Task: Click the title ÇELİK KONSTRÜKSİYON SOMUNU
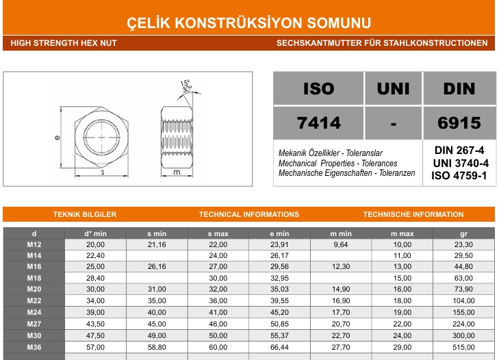[x=249, y=23]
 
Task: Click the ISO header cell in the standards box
[x=318, y=88]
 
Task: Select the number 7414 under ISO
[x=318, y=123]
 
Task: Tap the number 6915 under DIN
[x=459, y=123]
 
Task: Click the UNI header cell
[x=393, y=88]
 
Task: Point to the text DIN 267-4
[x=459, y=151]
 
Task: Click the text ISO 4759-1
[x=459, y=175]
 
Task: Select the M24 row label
[x=34, y=312]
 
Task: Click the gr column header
[x=463, y=233]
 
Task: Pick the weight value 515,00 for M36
[x=463, y=348]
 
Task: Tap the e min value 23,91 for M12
[x=280, y=244]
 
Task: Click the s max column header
[x=218, y=233]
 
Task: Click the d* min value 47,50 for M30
[x=95, y=336]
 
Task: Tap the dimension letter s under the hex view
[x=102, y=172]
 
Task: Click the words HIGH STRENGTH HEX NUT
[x=64, y=42]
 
